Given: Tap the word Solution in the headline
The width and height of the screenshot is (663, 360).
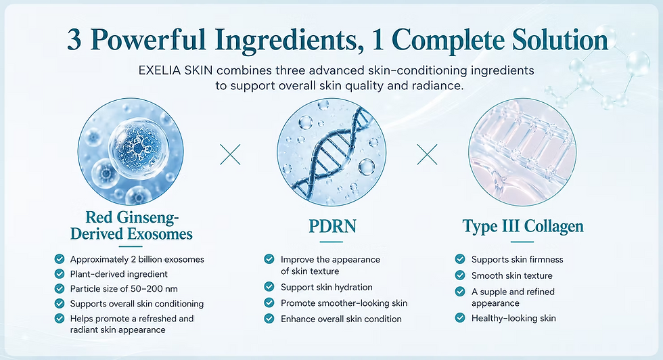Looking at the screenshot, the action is click(560, 40).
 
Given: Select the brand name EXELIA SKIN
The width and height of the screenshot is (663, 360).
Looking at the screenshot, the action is click(175, 70).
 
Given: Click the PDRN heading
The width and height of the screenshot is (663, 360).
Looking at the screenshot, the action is click(332, 226).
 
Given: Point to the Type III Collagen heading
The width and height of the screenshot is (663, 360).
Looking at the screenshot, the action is click(523, 226).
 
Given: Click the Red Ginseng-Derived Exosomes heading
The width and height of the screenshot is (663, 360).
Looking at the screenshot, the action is click(131, 225).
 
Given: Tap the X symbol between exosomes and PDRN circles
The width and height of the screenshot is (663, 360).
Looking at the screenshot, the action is click(230, 154).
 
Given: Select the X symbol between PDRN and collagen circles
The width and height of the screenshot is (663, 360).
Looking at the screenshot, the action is click(427, 154).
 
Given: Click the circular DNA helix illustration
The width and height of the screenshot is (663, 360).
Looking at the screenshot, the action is click(331, 152).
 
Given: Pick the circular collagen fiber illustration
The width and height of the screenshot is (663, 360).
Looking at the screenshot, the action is click(522, 152).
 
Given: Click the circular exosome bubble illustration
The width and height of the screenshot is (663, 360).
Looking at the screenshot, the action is click(131, 152).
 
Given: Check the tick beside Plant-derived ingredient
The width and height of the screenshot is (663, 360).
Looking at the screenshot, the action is click(60, 273).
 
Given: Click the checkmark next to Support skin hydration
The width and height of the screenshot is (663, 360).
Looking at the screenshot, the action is click(269, 287).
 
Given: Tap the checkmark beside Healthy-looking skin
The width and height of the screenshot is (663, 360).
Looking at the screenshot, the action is click(460, 317).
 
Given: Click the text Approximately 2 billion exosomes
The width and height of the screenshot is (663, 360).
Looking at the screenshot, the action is click(137, 259).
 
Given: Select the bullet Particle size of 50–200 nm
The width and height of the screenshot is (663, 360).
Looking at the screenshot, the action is click(124, 289).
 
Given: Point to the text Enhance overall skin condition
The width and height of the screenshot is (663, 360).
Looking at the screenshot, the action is click(341, 319).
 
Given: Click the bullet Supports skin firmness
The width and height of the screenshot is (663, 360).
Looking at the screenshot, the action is click(517, 259).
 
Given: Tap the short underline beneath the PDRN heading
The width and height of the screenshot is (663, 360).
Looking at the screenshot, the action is click(331, 242).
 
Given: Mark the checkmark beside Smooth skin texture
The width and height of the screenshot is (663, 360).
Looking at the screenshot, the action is click(460, 275).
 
